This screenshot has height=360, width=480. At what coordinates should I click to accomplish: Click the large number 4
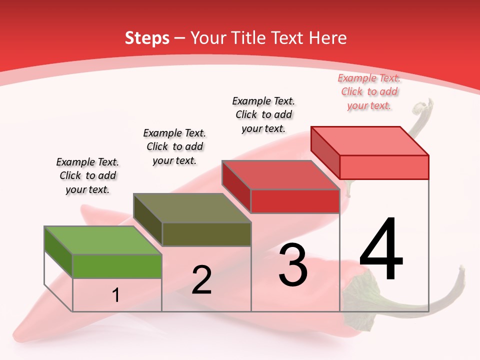click(381, 250)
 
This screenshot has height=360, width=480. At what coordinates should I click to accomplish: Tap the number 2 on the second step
click(201, 280)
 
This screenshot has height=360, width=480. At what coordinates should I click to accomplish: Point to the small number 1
click(116, 295)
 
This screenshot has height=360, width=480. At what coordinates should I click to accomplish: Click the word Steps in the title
click(147, 38)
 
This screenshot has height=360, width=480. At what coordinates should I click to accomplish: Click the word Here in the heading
click(328, 38)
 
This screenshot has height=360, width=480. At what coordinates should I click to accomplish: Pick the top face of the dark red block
click(281, 175)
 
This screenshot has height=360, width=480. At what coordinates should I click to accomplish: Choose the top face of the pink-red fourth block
click(370, 140)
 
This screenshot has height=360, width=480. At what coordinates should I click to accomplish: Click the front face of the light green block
click(117, 266)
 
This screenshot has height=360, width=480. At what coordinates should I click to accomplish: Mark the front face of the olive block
click(206, 234)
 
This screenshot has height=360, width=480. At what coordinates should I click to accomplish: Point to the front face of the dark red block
click(295, 201)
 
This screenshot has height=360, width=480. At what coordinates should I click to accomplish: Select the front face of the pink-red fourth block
click(384, 167)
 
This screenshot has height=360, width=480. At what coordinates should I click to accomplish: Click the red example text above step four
click(369, 91)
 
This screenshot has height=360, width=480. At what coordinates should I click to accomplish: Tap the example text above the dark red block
click(263, 114)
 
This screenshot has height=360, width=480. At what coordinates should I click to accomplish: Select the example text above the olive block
click(174, 146)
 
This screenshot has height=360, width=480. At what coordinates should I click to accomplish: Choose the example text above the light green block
click(87, 175)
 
